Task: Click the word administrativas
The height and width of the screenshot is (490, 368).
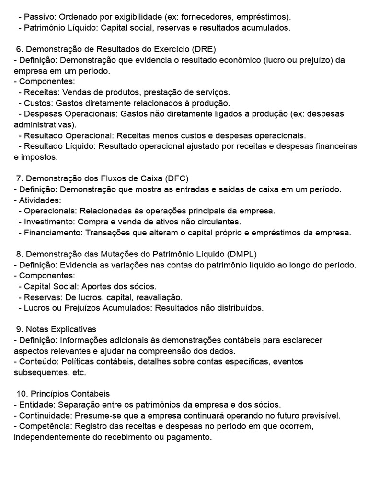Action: pyautogui.click(x=43, y=124)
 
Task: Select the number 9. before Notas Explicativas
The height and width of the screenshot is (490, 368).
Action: pyautogui.click(x=20, y=329)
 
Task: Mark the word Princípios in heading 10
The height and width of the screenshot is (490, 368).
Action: pyautogui.click(x=48, y=394)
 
